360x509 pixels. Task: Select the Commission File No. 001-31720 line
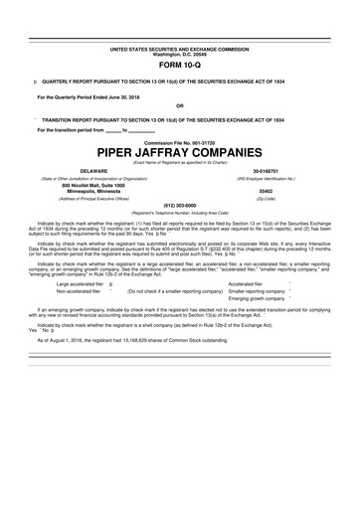coord(179,141)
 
